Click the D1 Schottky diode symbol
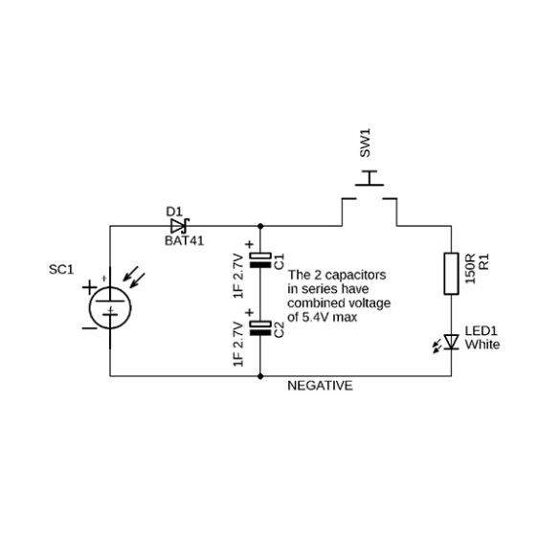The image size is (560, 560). [x=180, y=226]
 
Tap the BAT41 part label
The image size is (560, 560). [x=185, y=241]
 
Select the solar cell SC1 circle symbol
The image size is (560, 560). [x=110, y=307]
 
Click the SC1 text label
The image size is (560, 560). [x=61, y=270]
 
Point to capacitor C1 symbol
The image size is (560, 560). [x=260, y=260]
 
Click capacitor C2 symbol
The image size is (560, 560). [x=260, y=328]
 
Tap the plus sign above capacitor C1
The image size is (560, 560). [x=249, y=245]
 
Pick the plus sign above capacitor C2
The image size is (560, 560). [x=249, y=313]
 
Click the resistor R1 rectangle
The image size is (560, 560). [x=451, y=274]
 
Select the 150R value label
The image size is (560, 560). [x=470, y=269]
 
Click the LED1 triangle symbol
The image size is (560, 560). [x=452, y=342]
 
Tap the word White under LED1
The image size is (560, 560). [x=482, y=345]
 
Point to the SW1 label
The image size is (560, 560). [x=365, y=143]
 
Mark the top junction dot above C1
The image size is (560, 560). [x=260, y=226]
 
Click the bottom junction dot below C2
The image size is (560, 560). [x=260, y=376]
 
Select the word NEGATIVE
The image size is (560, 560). [x=320, y=386]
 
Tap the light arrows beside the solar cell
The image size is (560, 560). [x=134, y=277]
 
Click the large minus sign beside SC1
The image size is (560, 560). [x=90, y=327]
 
